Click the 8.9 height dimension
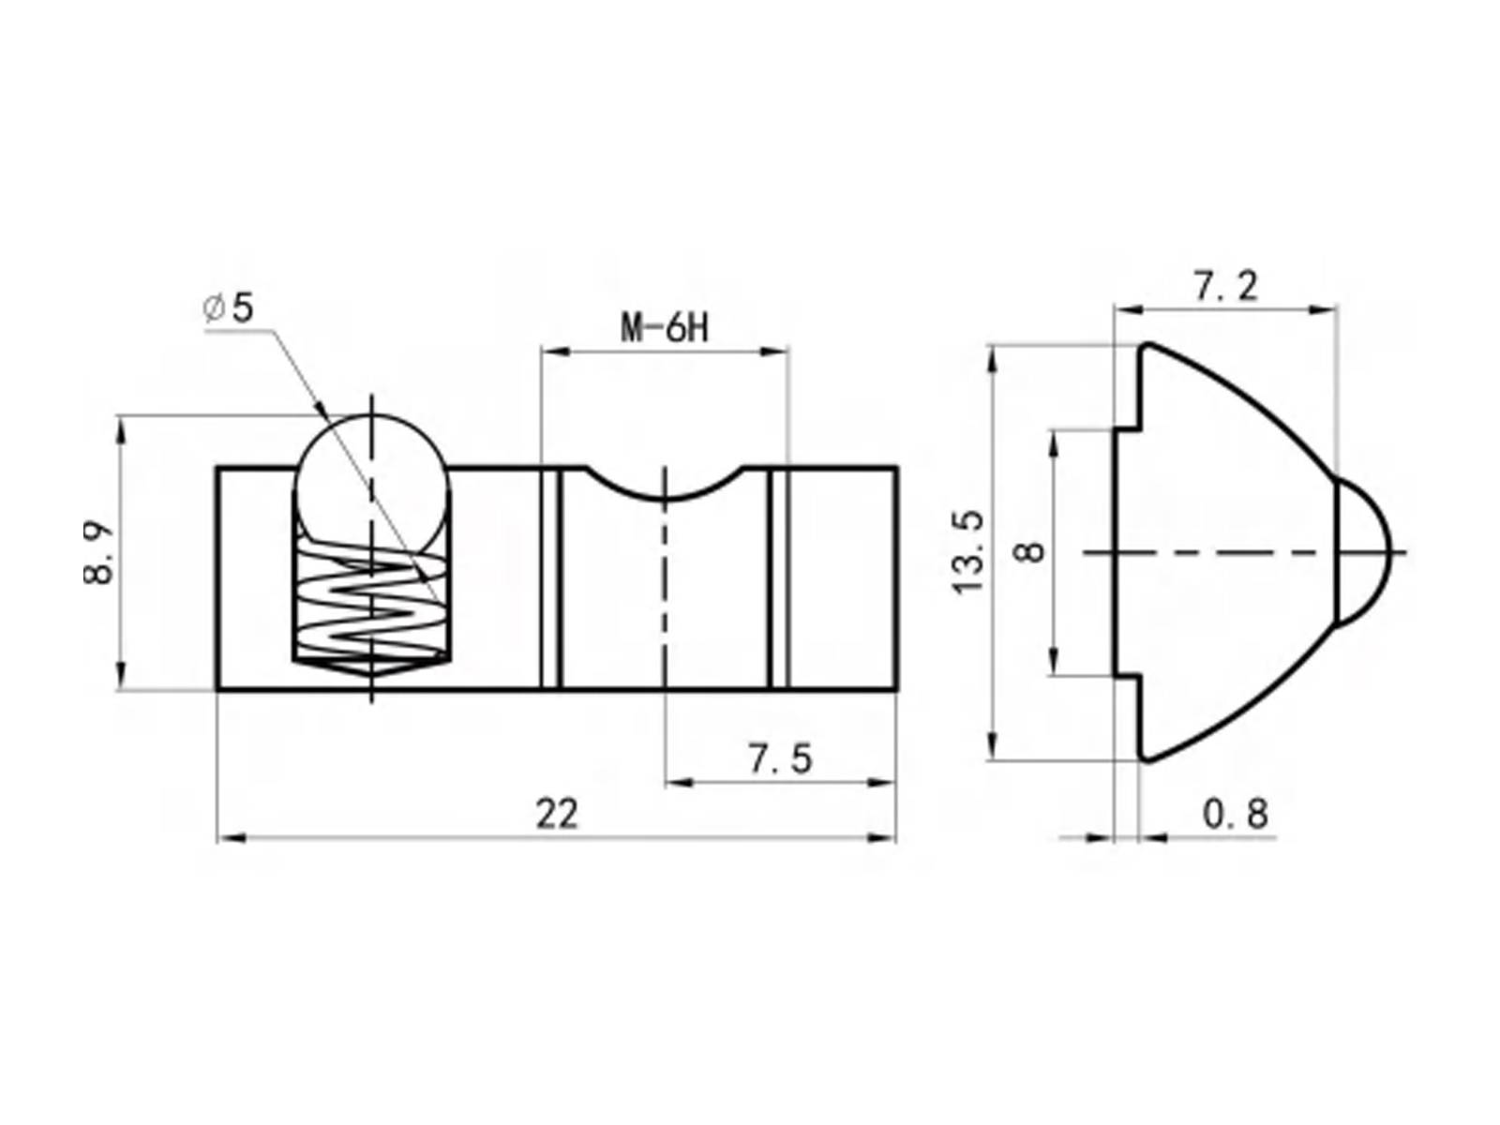click(x=98, y=554)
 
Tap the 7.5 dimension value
click(x=780, y=758)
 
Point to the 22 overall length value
click(x=558, y=814)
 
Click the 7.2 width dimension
click(x=1224, y=287)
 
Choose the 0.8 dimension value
click(x=1235, y=814)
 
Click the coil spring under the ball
click(x=372, y=600)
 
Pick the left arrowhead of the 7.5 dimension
click(x=677, y=782)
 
